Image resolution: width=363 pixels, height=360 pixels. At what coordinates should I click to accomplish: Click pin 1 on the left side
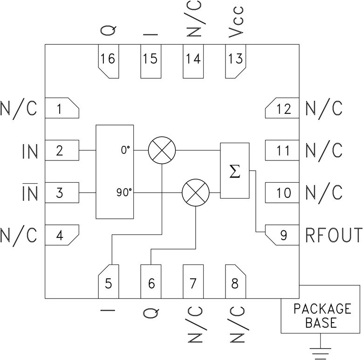[x=61, y=109]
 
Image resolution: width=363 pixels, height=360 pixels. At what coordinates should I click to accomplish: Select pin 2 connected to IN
[x=61, y=151]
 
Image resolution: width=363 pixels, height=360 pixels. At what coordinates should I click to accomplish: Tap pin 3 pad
[x=61, y=193]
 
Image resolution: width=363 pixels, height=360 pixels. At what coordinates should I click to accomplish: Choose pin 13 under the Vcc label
[x=236, y=61]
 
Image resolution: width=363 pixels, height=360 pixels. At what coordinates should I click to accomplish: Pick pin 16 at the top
[x=108, y=61]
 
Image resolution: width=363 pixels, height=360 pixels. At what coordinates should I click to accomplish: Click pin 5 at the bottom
[x=108, y=282]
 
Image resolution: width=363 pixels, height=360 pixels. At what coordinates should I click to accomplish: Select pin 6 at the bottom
[x=151, y=282]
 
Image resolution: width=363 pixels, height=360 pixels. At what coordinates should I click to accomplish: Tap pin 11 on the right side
[x=282, y=151]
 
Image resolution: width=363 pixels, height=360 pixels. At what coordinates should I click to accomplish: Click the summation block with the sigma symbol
[x=234, y=171]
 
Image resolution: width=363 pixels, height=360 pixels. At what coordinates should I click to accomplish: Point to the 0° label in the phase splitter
[x=125, y=151]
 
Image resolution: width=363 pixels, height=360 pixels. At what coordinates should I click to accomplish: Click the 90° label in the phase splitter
[x=123, y=193]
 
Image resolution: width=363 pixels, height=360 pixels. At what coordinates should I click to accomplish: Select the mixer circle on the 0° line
[x=161, y=151]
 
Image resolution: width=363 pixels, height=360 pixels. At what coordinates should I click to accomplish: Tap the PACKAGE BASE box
[x=321, y=315]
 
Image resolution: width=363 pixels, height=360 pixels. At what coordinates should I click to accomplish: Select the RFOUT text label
[x=333, y=235]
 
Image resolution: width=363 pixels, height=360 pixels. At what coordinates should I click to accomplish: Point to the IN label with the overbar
[x=29, y=193]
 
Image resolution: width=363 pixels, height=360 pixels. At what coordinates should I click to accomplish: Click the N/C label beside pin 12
[x=324, y=109]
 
